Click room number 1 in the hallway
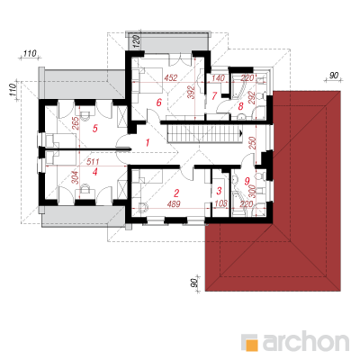click(147, 143)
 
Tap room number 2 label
click(176, 193)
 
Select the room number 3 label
click(219, 191)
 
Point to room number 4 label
click(95, 172)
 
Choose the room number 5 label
click(95, 129)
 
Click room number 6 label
click(158, 103)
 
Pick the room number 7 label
click(214, 96)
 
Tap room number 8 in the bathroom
click(240, 106)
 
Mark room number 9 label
click(247, 181)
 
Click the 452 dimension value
click(171, 78)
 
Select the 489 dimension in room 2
click(174, 204)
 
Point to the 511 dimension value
click(93, 162)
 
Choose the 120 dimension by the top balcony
click(136, 42)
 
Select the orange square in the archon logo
click(251, 345)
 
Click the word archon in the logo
click(306, 340)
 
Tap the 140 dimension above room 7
click(218, 78)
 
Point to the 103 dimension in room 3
click(221, 204)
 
